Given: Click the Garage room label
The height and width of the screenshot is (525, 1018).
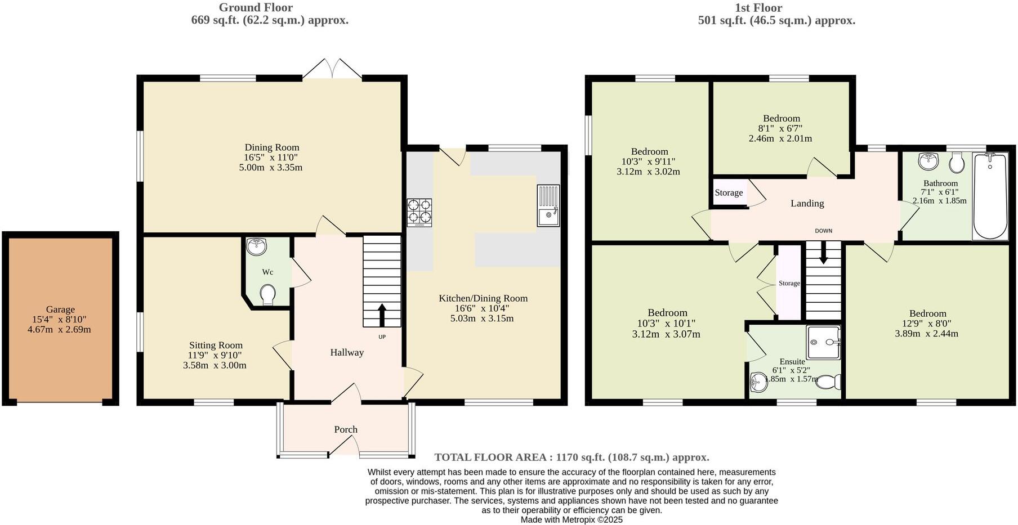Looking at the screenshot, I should pyautogui.click(x=60, y=309).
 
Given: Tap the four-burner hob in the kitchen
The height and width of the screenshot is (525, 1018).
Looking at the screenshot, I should pyautogui.click(x=419, y=212).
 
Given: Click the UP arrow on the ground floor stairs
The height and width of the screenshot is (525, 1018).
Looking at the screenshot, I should pyautogui.click(x=382, y=316).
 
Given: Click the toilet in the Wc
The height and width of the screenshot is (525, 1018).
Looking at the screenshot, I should pyautogui.click(x=267, y=294).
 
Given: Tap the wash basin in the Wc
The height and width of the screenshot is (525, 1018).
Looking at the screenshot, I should pyautogui.click(x=257, y=246).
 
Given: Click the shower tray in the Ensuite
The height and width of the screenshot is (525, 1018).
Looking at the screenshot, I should pyautogui.click(x=823, y=342).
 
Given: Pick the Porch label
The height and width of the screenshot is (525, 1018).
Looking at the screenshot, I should pyautogui.click(x=346, y=429).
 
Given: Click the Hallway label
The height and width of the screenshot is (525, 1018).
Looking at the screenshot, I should pyautogui.click(x=347, y=352).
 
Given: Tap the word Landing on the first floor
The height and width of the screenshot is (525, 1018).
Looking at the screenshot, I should pyautogui.click(x=807, y=203).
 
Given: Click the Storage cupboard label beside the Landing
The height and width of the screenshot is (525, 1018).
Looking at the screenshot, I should pyautogui.click(x=729, y=192).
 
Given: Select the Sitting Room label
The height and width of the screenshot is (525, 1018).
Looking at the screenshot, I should pyautogui.click(x=216, y=345).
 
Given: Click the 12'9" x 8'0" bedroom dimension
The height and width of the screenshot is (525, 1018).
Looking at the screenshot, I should pyautogui.click(x=926, y=324).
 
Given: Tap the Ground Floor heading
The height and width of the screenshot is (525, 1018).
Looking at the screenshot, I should pyautogui.click(x=256, y=7).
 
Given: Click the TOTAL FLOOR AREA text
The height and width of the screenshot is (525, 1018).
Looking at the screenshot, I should pyautogui.click(x=571, y=457).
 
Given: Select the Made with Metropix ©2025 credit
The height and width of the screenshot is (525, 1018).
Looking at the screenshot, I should pyautogui.click(x=571, y=519).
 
